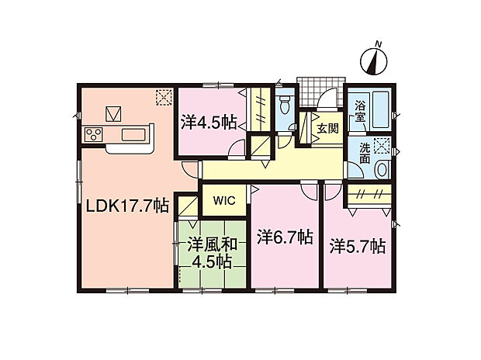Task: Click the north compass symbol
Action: pyautogui.click(x=379, y=59)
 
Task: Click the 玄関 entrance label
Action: pyautogui.click(x=327, y=128)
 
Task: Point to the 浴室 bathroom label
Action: pyautogui.click(x=361, y=111)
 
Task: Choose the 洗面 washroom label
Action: pyautogui.click(x=365, y=153)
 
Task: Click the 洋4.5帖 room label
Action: pyautogui.click(x=209, y=122)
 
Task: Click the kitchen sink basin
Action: pyautogui.click(x=133, y=136)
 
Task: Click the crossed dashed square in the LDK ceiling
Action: pyautogui.click(x=164, y=97)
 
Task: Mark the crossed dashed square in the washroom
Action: pyautogui.click(x=382, y=145)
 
